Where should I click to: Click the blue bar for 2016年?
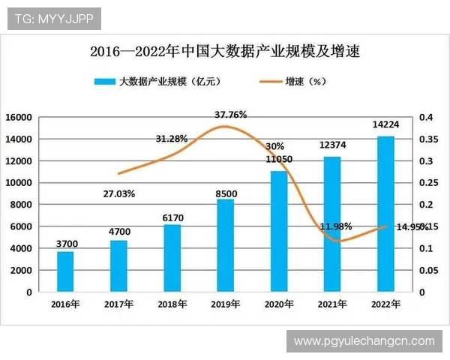click(x=65, y=271)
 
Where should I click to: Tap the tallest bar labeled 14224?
click(x=385, y=214)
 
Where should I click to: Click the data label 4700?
click(x=118, y=232)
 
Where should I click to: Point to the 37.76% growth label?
click(x=230, y=115)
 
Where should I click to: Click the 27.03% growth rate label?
click(x=118, y=193)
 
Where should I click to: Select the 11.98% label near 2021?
click(x=335, y=226)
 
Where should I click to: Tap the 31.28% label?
click(x=172, y=139)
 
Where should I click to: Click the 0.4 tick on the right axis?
click(x=425, y=118)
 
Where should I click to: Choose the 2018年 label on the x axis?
click(x=172, y=304)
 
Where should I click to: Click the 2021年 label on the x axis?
click(x=332, y=304)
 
